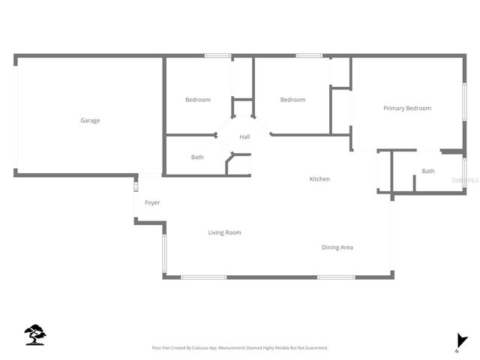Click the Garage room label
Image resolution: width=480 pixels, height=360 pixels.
90,120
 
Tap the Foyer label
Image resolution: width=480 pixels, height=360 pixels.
152,202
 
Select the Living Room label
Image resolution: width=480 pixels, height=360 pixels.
224,232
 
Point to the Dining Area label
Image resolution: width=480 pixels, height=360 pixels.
337,247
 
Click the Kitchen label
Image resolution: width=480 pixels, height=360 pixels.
320,179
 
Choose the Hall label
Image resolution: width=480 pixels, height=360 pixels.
244,137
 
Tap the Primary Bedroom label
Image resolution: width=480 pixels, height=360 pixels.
407,108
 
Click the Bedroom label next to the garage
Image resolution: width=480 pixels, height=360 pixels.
198,100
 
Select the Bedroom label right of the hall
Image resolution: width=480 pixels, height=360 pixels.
292,100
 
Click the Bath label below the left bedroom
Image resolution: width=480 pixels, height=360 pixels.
197,157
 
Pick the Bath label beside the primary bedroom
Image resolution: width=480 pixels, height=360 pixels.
427,171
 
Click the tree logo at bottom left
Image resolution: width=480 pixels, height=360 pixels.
35,334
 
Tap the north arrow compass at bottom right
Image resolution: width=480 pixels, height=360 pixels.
461,342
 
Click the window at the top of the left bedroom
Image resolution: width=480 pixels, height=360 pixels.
217,55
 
